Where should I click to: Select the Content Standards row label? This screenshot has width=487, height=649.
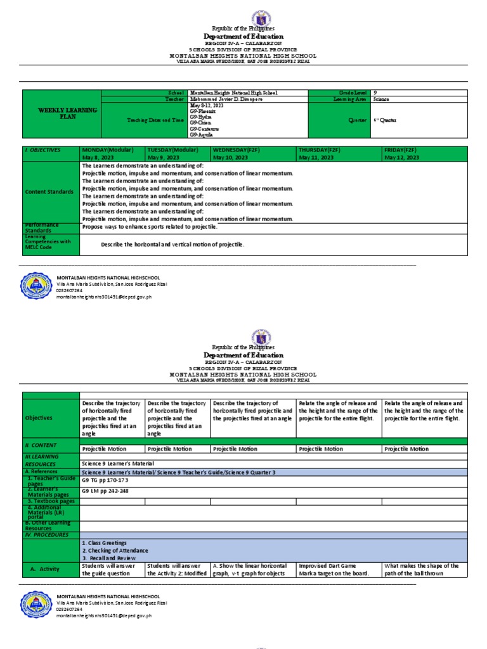coord(49,192)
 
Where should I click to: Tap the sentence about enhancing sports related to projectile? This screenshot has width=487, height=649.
coord(150,226)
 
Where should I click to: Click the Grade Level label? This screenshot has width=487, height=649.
coord(347,93)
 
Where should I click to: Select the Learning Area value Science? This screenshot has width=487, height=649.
coord(382,100)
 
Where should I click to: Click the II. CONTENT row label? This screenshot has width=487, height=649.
coord(41,446)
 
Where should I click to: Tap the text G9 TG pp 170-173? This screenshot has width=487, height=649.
coord(101,480)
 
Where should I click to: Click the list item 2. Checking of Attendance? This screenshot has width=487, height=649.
coord(111,550)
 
